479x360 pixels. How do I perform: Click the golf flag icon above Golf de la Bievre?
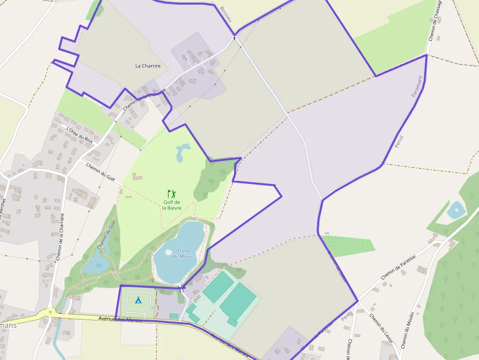(172, 194)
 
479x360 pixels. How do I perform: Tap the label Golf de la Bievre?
(172, 205)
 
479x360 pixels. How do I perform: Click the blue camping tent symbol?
(138, 300)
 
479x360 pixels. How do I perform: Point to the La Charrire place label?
(148, 66)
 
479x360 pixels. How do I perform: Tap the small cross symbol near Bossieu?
(234, 38)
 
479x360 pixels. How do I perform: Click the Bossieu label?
(225, 14)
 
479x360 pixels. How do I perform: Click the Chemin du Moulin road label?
(408, 330)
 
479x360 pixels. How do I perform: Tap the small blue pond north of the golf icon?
(182, 152)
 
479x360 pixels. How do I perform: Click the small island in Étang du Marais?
(169, 253)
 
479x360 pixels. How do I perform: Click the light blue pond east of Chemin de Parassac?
(456, 210)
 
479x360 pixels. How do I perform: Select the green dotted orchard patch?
(348, 245)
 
